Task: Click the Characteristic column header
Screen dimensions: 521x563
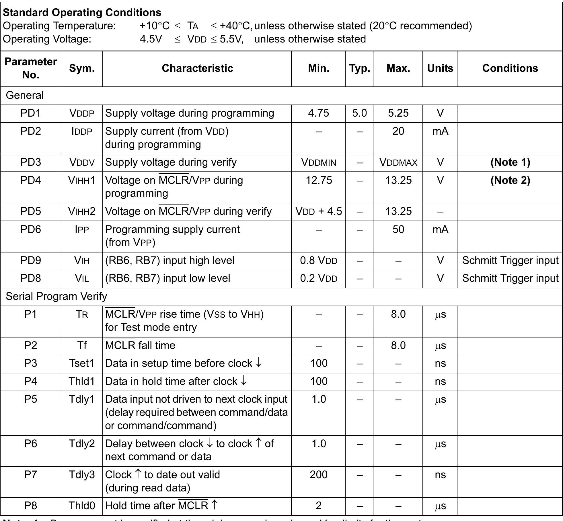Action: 197,68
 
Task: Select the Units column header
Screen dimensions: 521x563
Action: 440,68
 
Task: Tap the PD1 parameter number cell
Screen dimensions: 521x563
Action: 30,113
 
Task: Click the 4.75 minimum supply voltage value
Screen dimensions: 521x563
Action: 318,113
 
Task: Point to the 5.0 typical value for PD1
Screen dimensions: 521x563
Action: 359,113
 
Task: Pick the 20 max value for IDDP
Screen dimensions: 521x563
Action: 398,131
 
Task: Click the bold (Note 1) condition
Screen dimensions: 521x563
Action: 510,162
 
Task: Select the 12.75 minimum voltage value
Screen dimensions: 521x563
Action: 319,180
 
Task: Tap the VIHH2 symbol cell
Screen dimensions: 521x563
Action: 82,211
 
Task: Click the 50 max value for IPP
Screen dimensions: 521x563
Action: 398,229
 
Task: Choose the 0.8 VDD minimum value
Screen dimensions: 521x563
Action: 319,260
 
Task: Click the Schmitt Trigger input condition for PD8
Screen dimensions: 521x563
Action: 510,278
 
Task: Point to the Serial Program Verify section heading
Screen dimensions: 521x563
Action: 56,296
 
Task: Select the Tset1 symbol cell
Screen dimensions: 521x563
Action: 82,363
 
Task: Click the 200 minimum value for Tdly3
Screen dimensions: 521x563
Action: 318,475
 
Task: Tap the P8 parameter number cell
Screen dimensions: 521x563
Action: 30,506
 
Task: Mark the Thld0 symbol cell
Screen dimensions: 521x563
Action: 82,506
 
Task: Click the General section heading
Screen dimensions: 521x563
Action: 25,95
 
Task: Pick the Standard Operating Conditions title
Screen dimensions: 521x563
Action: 82,13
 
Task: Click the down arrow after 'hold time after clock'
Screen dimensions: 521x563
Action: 243,381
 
